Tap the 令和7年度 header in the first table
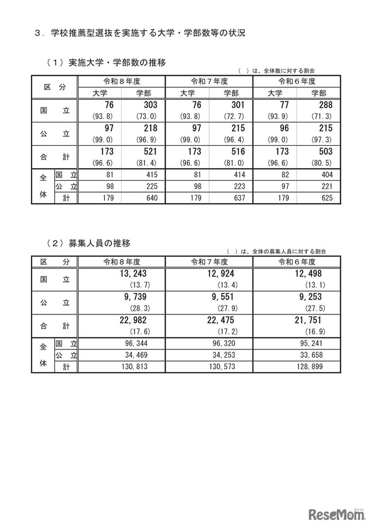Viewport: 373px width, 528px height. [209, 81]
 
